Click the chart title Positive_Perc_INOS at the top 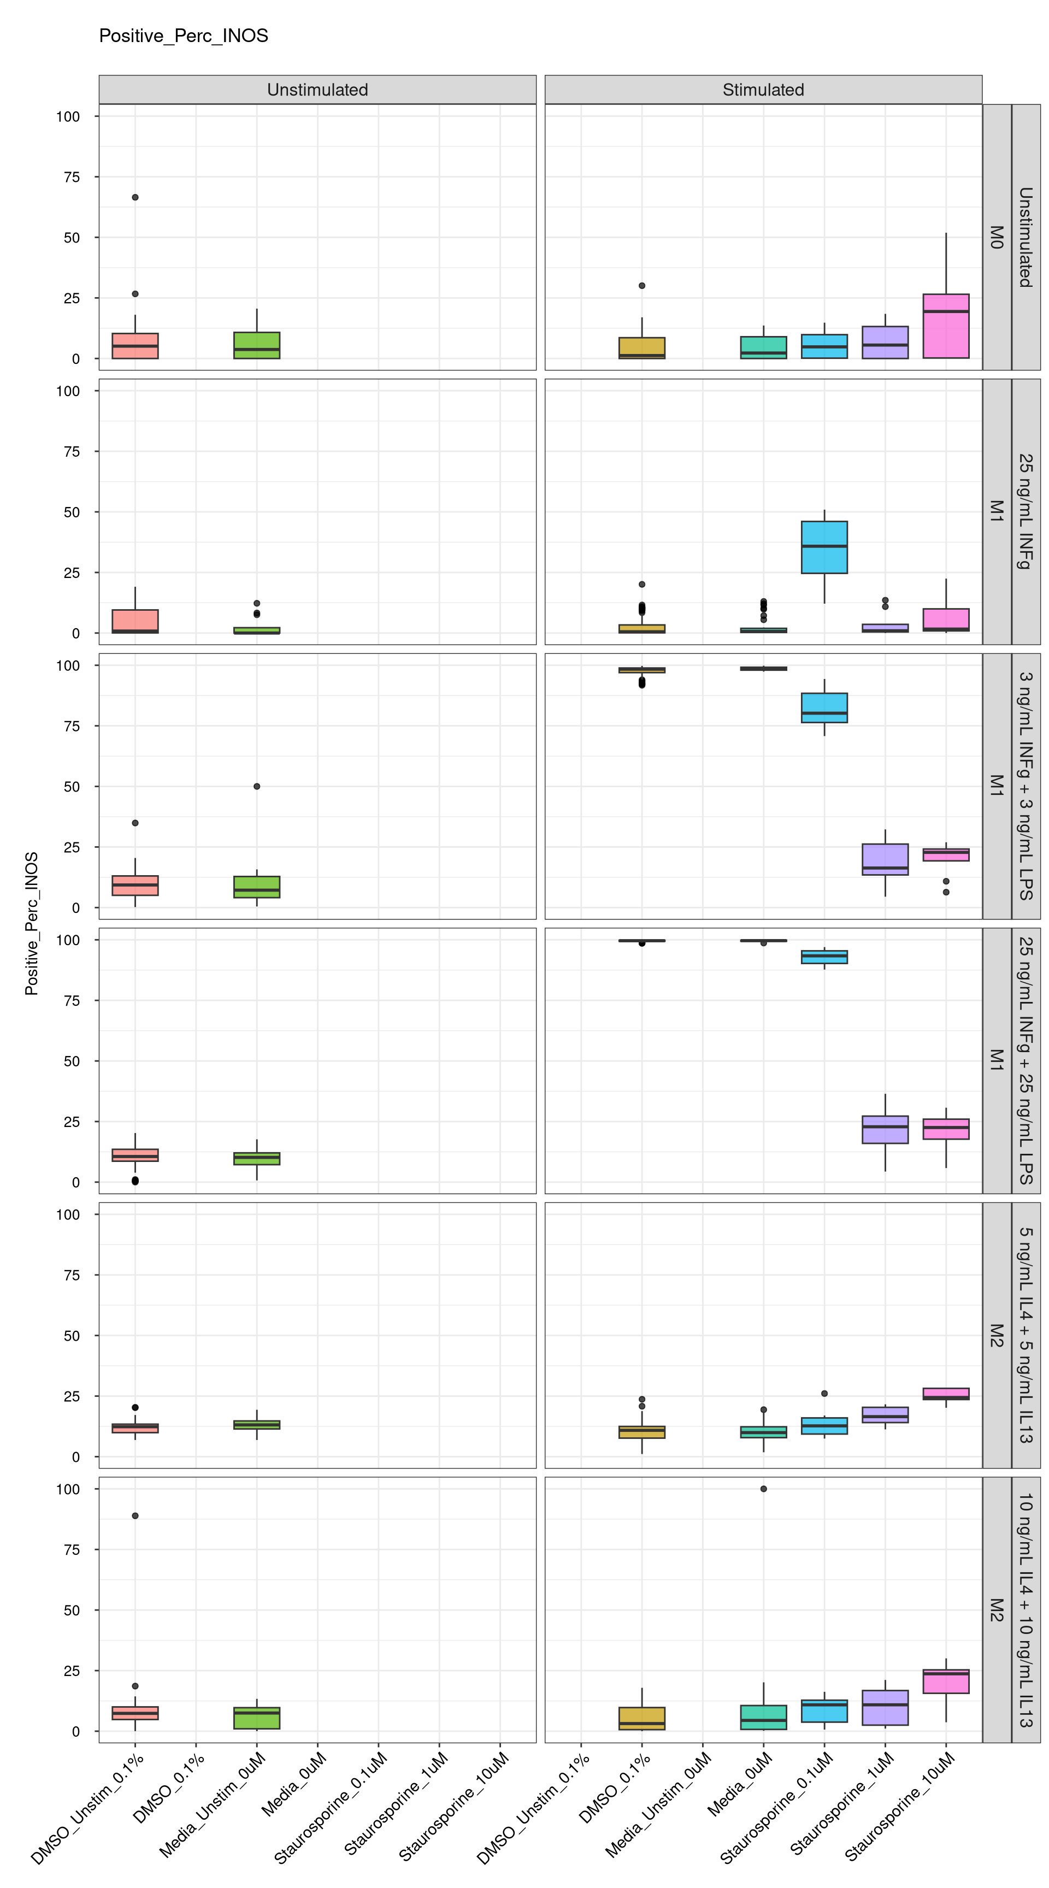183,36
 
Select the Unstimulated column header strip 317,90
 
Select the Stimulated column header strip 763,90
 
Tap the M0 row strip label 996,237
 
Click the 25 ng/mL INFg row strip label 1026,511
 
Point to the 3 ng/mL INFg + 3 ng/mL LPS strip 1026,786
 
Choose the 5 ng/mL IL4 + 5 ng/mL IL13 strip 1026,1335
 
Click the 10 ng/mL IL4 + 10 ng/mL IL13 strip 1026,1609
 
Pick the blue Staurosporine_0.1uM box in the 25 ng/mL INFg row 824,547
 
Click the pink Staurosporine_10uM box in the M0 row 946,326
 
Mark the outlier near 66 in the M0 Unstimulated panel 135,197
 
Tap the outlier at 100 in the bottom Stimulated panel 763,1489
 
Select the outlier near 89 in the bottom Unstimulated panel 135,1515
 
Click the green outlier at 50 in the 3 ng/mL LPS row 257,787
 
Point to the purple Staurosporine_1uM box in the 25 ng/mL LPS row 885,1129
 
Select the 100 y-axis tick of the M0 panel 68,116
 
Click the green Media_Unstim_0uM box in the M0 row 257,345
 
